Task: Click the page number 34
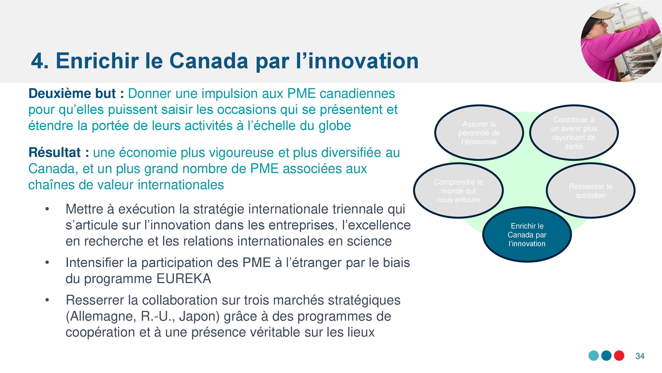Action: [x=640, y=356]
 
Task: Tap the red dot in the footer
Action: [x=619, y=356]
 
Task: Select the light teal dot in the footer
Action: [x=594, y=356]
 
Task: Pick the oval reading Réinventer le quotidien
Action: [x=591, y=191]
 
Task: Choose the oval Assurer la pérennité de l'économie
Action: [x=479, y=133]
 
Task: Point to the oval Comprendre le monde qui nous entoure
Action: [x=458, y=191]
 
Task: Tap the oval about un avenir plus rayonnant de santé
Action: [x=574, y=133]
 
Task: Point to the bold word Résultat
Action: [x=55, y=152]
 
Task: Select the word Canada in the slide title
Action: [x=209, y=61]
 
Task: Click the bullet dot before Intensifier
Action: [x=47, y=263]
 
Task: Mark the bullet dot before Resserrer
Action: [x=47, y=300]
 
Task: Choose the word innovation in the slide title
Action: [x=363, y=61]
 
